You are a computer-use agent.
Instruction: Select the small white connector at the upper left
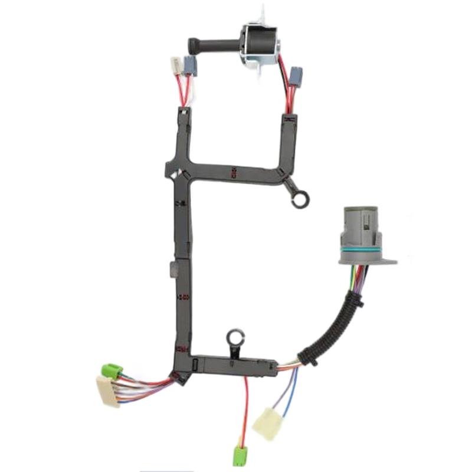[175, 64]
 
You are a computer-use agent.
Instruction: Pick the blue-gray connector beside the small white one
[190, 65]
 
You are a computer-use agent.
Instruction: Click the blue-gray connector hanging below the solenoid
[297, 75]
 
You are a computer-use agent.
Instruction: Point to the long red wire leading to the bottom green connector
[245, 407]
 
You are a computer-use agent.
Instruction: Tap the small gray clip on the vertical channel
[172, 269]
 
